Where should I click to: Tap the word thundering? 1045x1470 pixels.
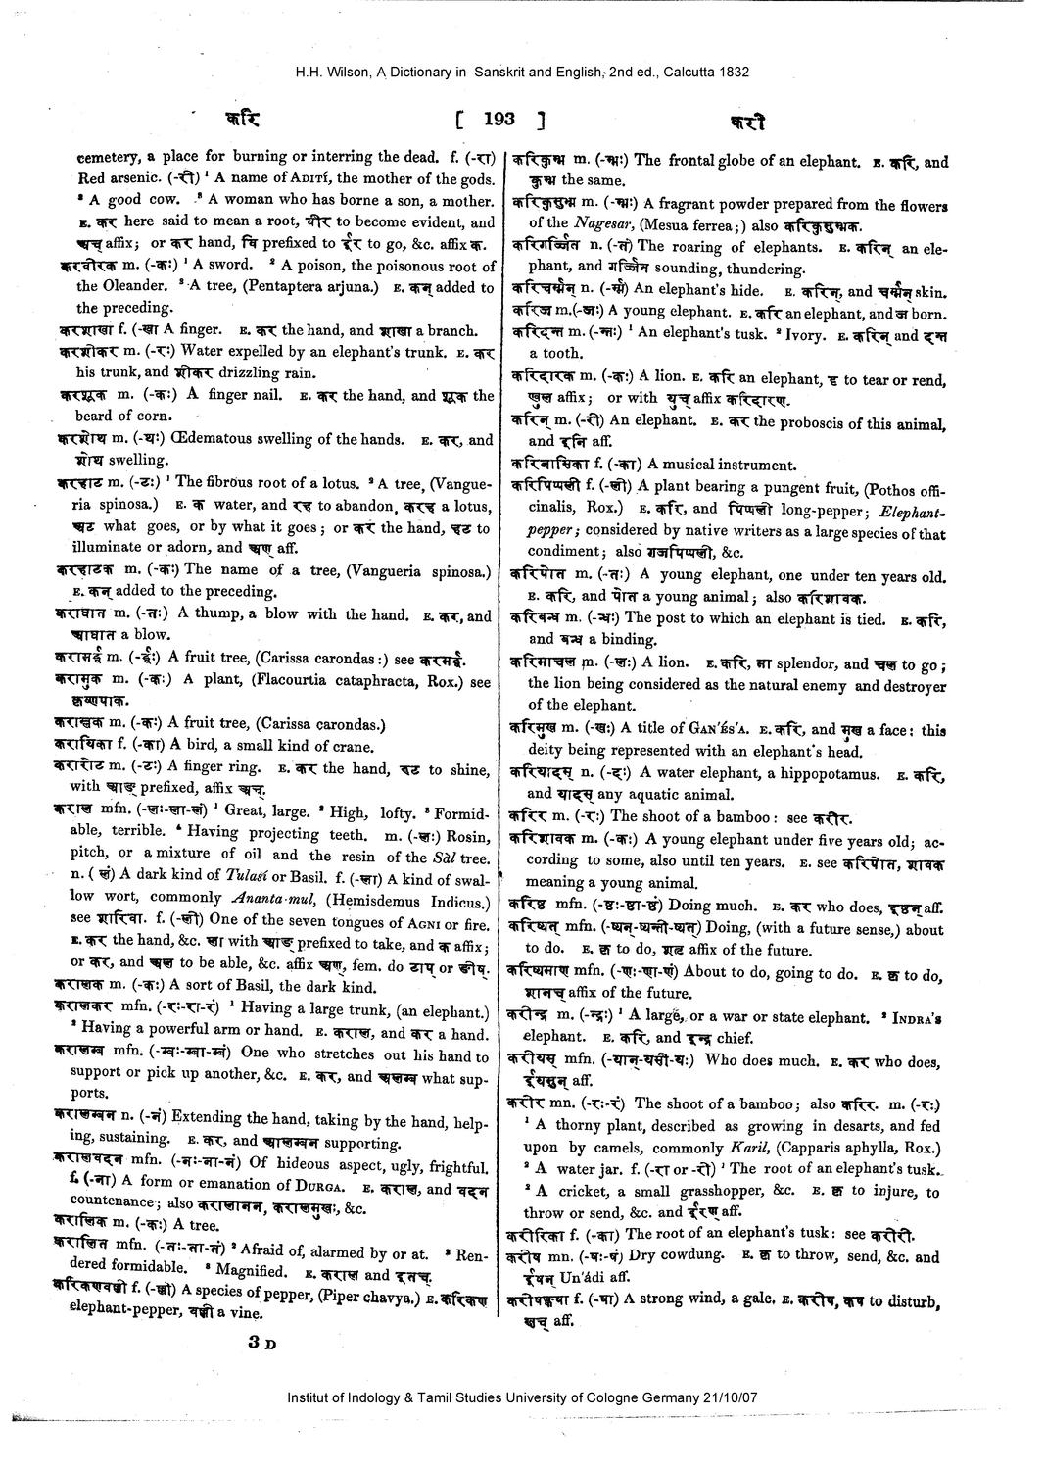click(x=754, y=269)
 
